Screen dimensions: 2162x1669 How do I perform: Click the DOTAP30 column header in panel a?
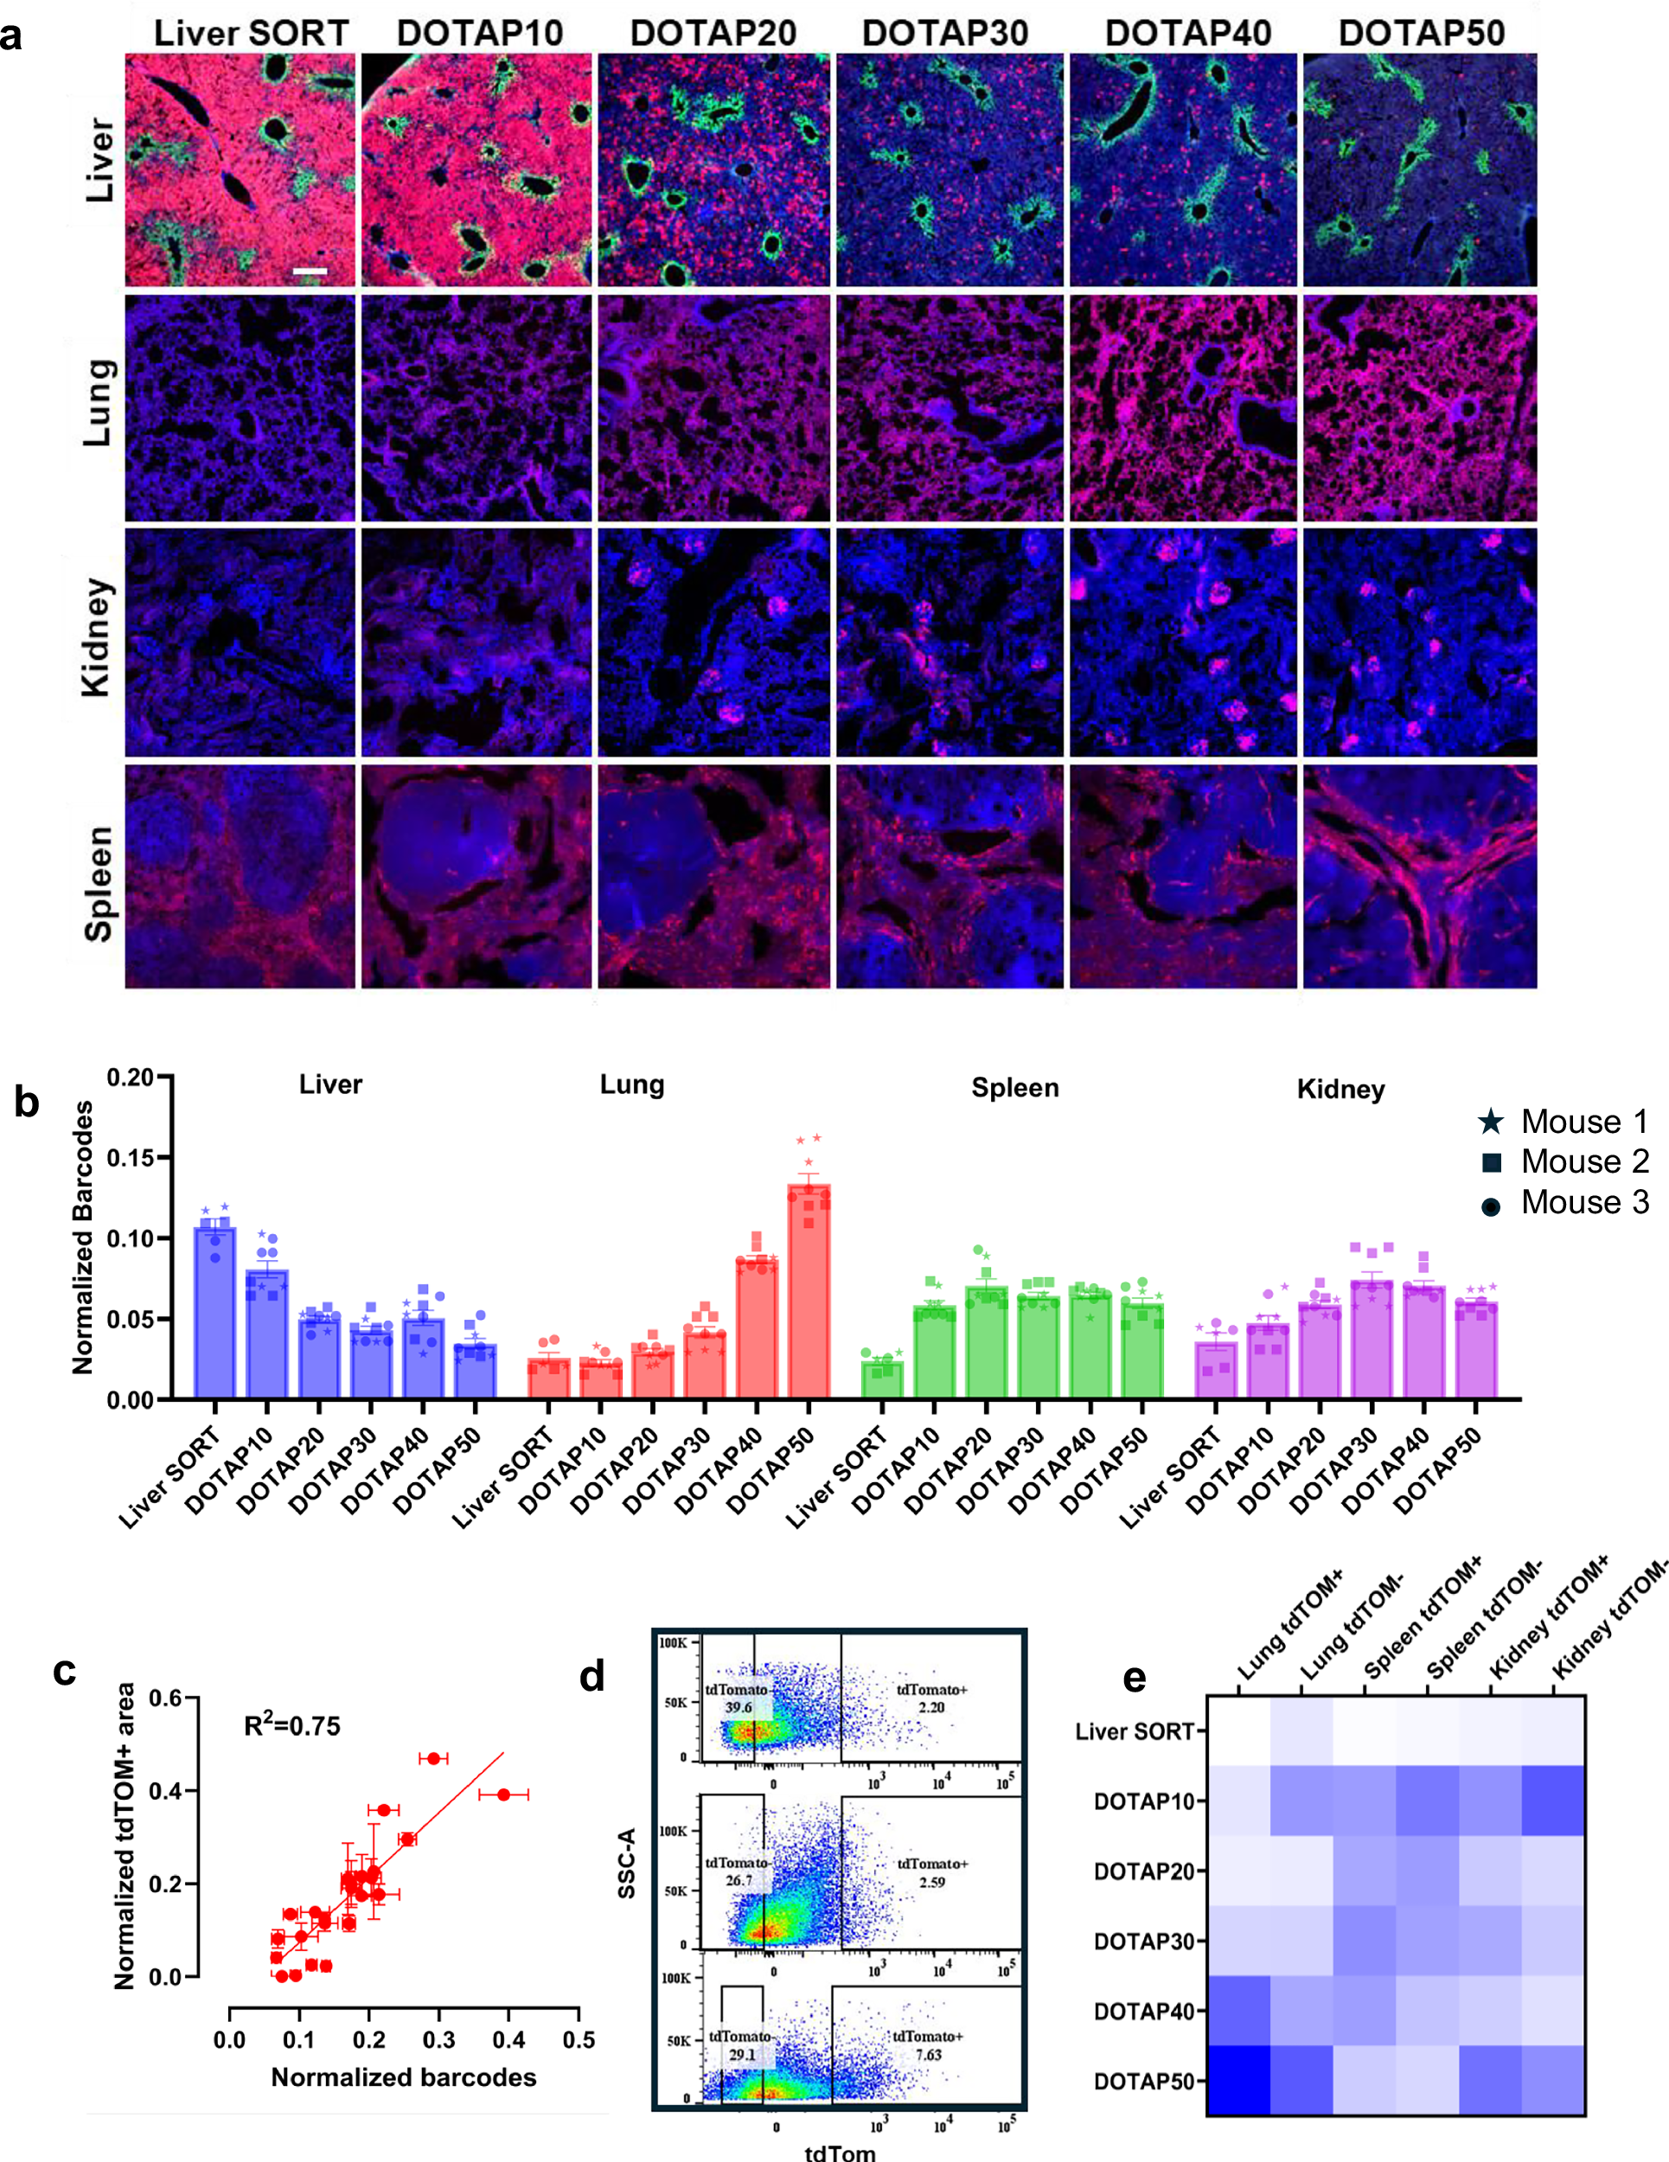coord(944,33)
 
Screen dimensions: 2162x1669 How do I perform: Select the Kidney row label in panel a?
coord(96,638)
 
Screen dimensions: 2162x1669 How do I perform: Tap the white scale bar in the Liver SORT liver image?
coord(310,270)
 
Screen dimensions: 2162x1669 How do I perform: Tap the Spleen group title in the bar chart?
coord(1014,1088)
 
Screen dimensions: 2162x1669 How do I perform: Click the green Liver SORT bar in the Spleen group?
coord(881,1379)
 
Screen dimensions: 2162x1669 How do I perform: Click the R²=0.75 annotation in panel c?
coord(292,1726)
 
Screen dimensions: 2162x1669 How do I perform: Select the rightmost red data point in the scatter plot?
coord(504,1794)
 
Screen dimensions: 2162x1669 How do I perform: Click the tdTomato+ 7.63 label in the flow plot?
coord(928,2046)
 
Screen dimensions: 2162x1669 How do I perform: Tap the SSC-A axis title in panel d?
coord(625,1864)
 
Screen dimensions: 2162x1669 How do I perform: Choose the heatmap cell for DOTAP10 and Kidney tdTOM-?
coord(1552,1801)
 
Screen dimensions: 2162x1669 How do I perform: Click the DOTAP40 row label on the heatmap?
coord(1142,2011)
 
